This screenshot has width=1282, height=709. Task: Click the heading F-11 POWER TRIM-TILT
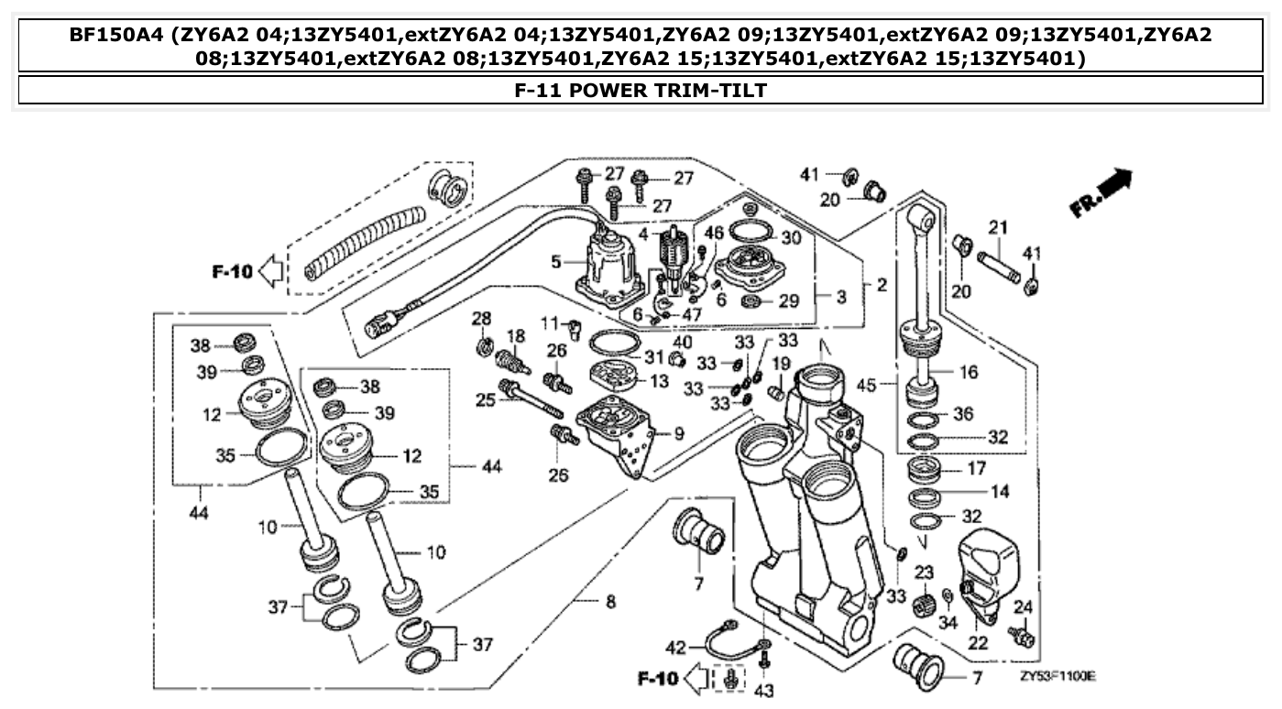tap(640, 90)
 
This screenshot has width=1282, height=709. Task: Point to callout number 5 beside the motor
tap(556, 262)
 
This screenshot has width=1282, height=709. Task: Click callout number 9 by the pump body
tap(678, 432)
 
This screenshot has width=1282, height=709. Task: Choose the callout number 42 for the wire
tap(674, 648)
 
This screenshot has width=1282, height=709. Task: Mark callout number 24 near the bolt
tap(1024, 605)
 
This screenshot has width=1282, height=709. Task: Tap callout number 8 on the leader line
tap(610, 602)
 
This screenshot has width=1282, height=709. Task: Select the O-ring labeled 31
tap(611, 344)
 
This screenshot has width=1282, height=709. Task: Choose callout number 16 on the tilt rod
tap(968, 372)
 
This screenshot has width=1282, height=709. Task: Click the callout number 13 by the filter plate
tap(659, 380)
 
